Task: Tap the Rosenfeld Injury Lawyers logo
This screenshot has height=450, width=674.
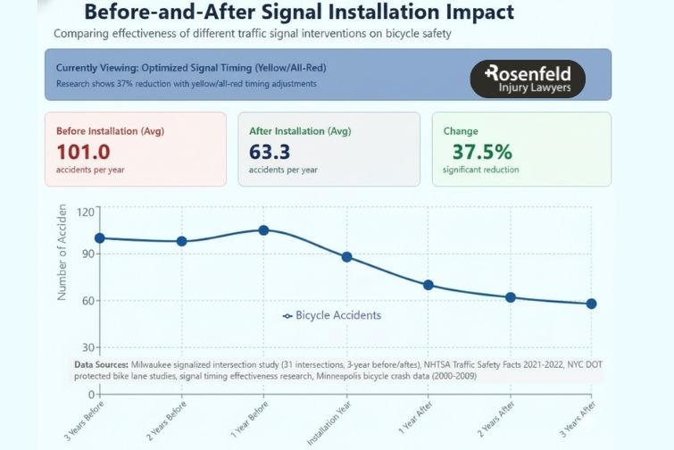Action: point(527,79)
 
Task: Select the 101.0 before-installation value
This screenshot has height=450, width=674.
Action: point(84,151)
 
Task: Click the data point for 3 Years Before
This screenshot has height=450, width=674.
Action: point(100,238)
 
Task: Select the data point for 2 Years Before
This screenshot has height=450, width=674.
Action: point(182,241)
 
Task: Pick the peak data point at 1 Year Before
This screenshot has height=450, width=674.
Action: point(263,230)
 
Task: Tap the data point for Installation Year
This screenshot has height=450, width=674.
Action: point(347,257)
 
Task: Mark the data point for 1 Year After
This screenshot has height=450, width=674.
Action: point(429,285)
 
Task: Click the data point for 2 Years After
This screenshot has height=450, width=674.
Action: point(511,297)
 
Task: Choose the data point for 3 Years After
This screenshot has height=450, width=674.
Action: point(591,304)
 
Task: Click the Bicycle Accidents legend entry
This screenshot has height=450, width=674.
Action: point(332,315)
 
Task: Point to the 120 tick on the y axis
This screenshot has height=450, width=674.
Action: point(85,212)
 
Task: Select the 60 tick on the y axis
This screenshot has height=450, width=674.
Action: point(87,301)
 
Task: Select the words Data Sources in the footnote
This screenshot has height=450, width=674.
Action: point(101,366)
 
